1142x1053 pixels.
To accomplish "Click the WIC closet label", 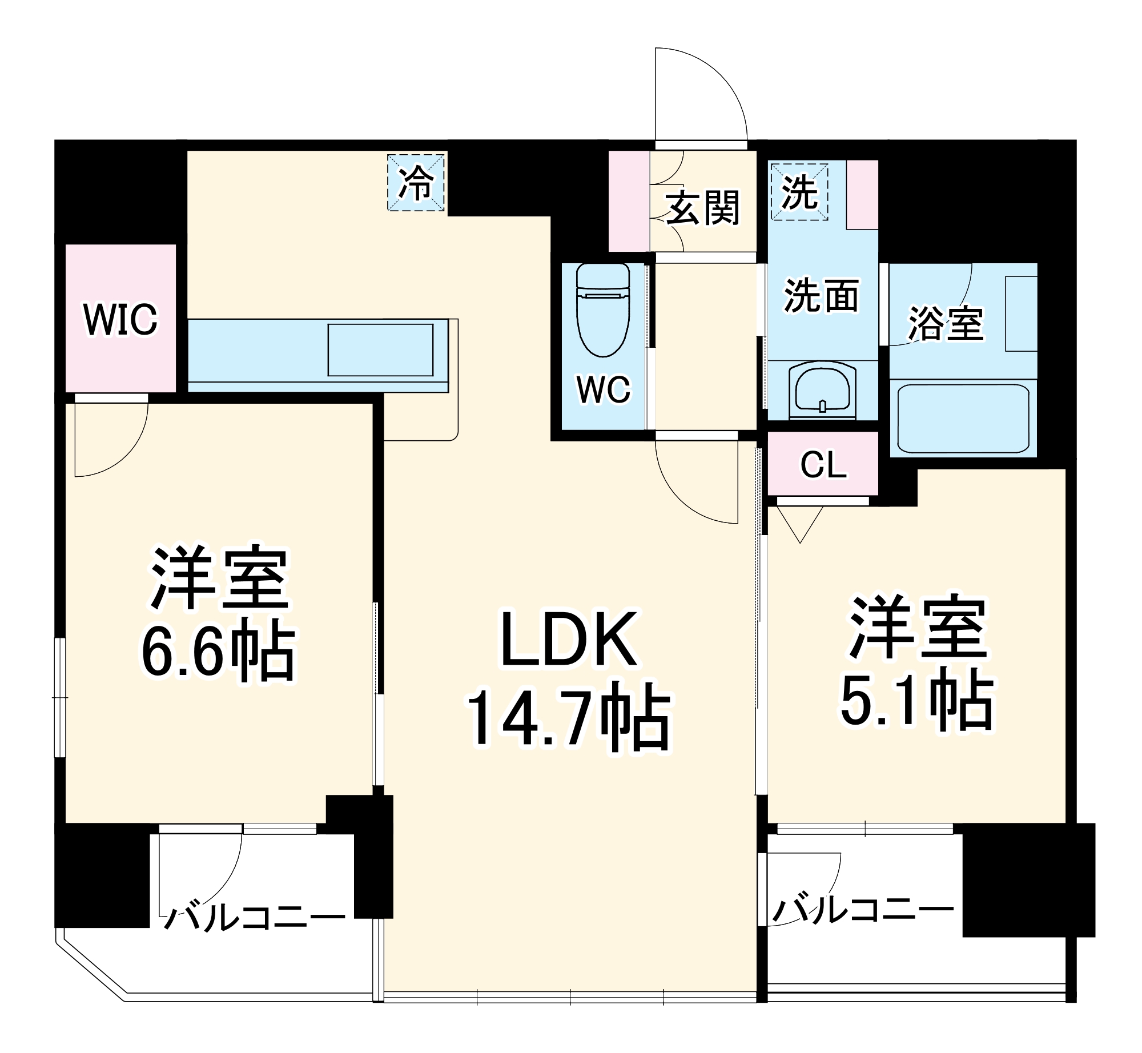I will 120,319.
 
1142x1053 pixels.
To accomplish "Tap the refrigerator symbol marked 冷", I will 416,183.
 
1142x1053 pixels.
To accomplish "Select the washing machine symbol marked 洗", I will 799,192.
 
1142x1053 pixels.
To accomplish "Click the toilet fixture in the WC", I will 602,311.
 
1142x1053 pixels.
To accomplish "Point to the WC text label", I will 604,389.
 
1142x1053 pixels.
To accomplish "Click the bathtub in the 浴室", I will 963,418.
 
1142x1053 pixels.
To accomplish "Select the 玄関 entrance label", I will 703,207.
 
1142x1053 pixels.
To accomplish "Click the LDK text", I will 569,640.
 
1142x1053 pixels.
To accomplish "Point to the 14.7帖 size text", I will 569,721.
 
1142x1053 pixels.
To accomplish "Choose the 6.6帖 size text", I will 218,652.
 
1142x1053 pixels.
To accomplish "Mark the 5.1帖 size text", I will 917,701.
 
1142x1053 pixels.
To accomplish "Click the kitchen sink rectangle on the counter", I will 380,350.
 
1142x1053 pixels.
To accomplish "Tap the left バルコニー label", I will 255,917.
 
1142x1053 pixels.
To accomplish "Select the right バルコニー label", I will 863,911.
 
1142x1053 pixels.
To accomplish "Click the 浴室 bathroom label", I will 946,323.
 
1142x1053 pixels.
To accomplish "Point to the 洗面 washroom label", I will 821,296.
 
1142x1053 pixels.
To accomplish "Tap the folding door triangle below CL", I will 800,523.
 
